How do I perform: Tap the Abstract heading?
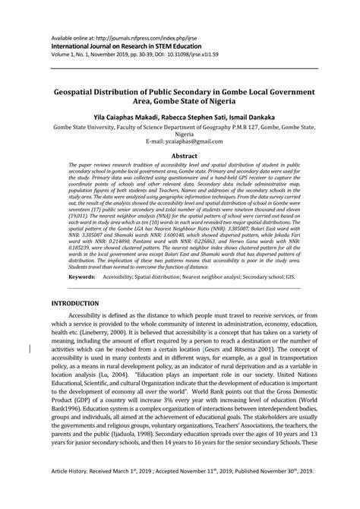point(179,156)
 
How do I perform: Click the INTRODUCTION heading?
point(74,304)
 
